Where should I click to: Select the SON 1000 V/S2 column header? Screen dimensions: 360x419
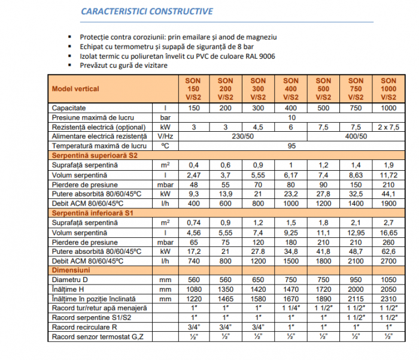tap(388, 89)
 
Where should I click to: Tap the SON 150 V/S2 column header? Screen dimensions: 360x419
tap(194, 89)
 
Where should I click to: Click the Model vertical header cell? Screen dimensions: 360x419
tap(75, 89)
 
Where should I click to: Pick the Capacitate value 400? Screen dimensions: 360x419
tap(291, 108)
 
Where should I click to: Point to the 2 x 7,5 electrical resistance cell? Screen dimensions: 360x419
tap(388, 127)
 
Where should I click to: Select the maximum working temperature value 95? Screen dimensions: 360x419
tap(291, 146)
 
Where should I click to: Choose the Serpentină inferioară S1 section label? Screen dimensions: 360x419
tap(91, 213)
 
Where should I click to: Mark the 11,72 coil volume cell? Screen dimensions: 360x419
tap(388, 174)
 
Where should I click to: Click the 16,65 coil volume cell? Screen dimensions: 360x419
tap(388, 232)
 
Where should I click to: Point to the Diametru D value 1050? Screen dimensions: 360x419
tap(388, 280)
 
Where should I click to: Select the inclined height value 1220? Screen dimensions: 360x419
tap(194, 299)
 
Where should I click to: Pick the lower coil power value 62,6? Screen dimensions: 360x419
tap(388, 251)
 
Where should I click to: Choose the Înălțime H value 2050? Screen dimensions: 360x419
tap(388, 289)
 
